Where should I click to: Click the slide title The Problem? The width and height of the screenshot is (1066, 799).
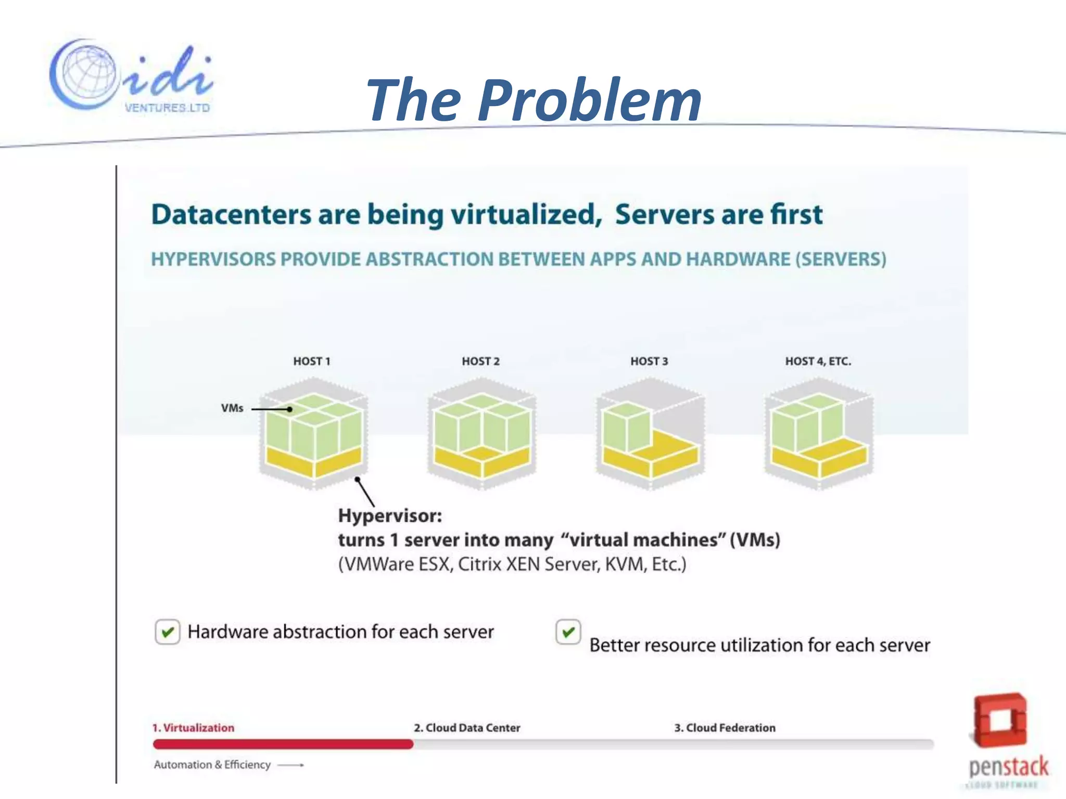click(534, 100)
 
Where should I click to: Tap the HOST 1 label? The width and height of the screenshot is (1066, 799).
click(311, 362)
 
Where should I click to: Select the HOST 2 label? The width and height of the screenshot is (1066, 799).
click(480, 362)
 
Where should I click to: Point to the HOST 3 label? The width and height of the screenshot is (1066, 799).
click(649, 362)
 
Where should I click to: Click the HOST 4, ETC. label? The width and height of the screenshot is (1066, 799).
click(818, 362)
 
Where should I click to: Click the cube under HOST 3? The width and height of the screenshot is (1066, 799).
click(650, 434)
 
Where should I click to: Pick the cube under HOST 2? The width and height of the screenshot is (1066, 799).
click(481, 434)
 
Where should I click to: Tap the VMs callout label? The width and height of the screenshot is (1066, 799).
click(232, 408)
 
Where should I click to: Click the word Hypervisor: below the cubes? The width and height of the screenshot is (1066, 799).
click(390, 516)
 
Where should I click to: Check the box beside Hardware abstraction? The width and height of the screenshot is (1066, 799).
click(168, 632)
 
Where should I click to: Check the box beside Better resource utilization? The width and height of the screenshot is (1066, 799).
click(568, 632)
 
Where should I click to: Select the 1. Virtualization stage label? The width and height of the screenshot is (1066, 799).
click(193, 728)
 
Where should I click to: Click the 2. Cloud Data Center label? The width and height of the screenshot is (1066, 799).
click(467, 728)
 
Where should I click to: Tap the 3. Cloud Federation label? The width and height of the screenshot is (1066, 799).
click(725, 728)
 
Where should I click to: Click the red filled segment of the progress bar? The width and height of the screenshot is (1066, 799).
click(283, 744)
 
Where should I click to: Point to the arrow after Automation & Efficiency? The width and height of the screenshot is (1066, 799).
click(291, 765)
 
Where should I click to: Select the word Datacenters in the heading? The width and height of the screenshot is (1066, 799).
click(230, 214)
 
